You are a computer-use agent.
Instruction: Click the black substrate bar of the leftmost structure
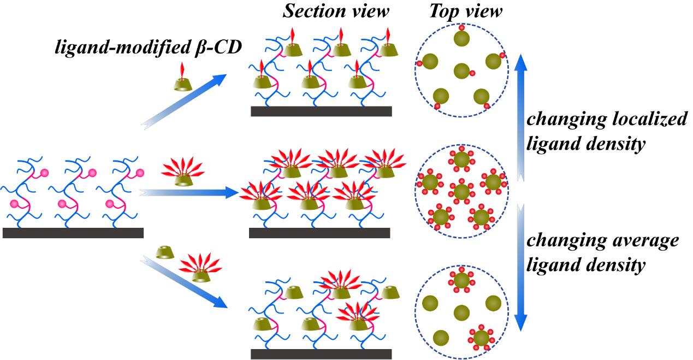(73, 233)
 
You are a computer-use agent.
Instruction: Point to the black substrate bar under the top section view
(321, 111)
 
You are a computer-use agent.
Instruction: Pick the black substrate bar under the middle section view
(319, 233)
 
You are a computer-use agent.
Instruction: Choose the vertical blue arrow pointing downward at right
(522, 268)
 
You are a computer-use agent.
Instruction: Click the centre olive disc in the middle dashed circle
(461, 192)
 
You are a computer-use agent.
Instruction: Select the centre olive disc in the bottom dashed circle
(461, 313)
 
